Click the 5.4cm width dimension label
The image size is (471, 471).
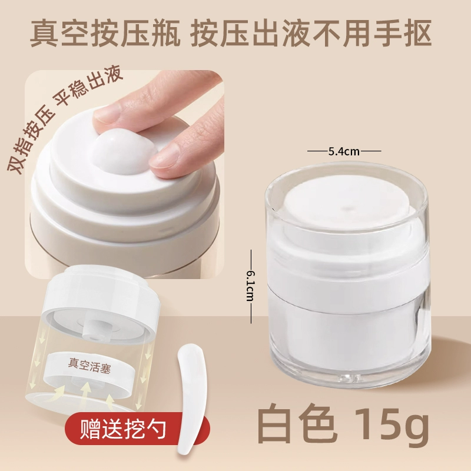344,151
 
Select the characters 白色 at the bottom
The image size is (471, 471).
296,423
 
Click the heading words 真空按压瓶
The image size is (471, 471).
105,33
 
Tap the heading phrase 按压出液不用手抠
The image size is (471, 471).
311,33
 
